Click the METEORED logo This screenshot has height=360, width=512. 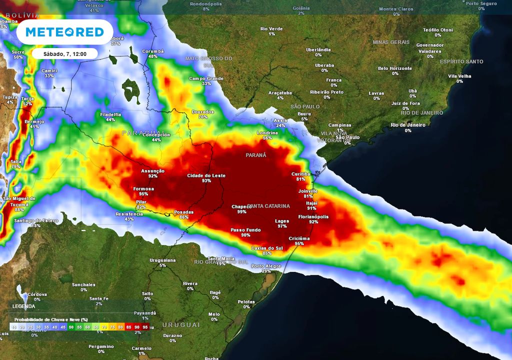64,32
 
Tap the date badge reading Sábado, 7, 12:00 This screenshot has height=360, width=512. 65,53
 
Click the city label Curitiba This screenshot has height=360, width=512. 301,173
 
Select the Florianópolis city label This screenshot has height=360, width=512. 313,216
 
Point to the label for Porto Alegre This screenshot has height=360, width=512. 266,266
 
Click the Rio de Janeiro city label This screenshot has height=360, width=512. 408,125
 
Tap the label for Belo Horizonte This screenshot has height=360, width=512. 395,68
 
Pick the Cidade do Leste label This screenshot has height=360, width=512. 206,175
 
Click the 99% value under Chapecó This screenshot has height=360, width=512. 242,212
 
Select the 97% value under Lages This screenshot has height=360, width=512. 282,226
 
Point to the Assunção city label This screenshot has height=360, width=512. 152,170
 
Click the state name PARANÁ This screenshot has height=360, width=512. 256,155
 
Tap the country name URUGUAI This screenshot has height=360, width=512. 180,325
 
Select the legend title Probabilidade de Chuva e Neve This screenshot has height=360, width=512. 50,319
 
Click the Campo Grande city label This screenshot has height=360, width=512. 206,78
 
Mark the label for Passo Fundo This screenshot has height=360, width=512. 245,229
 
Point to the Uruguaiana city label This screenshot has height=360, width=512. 162,260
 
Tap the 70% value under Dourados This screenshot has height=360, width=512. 203,117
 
